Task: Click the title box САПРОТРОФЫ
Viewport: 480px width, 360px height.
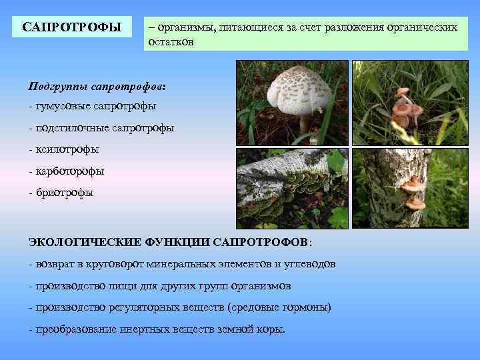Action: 72,27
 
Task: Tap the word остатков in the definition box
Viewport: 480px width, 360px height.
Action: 171,42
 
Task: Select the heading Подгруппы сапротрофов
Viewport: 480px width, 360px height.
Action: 97,87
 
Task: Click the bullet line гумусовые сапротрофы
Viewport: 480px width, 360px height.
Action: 93,106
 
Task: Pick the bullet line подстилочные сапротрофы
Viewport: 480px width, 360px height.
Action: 101,127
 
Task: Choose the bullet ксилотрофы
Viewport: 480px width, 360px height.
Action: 64,149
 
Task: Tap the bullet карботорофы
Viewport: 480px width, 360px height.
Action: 67,171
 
